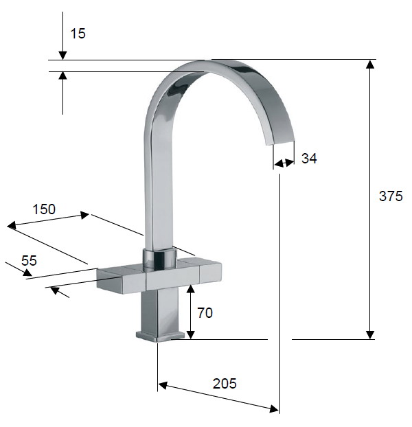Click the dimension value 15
click(x=78, y=34)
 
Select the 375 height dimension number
click(x=391, y=196)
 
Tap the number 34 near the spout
click(x=309, y=158)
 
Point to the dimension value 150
click(x=44, y=209)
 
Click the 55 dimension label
click(x=29, y=261)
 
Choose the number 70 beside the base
click(x=205, y=312)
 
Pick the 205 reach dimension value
click(x=225, y=384)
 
